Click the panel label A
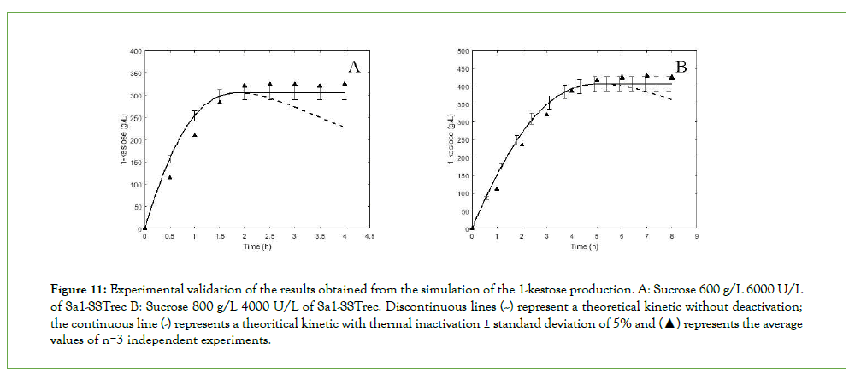pos(354,67)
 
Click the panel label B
pos(682,67)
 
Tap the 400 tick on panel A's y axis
pos(135,51)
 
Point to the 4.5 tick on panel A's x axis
pos(370,236)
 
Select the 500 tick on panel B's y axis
pos(462,51)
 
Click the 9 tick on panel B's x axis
pos(697,236)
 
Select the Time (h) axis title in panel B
pos(582,246)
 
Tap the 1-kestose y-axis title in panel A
pos(123,141)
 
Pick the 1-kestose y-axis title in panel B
pos(449,141)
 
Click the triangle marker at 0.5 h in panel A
pos(170,177)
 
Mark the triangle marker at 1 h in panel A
pos(195,134)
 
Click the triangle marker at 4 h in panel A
pos(345,84)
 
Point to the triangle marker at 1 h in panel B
pos(497,188)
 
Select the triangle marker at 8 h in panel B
pos(672,77)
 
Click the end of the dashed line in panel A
pos(345,127)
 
